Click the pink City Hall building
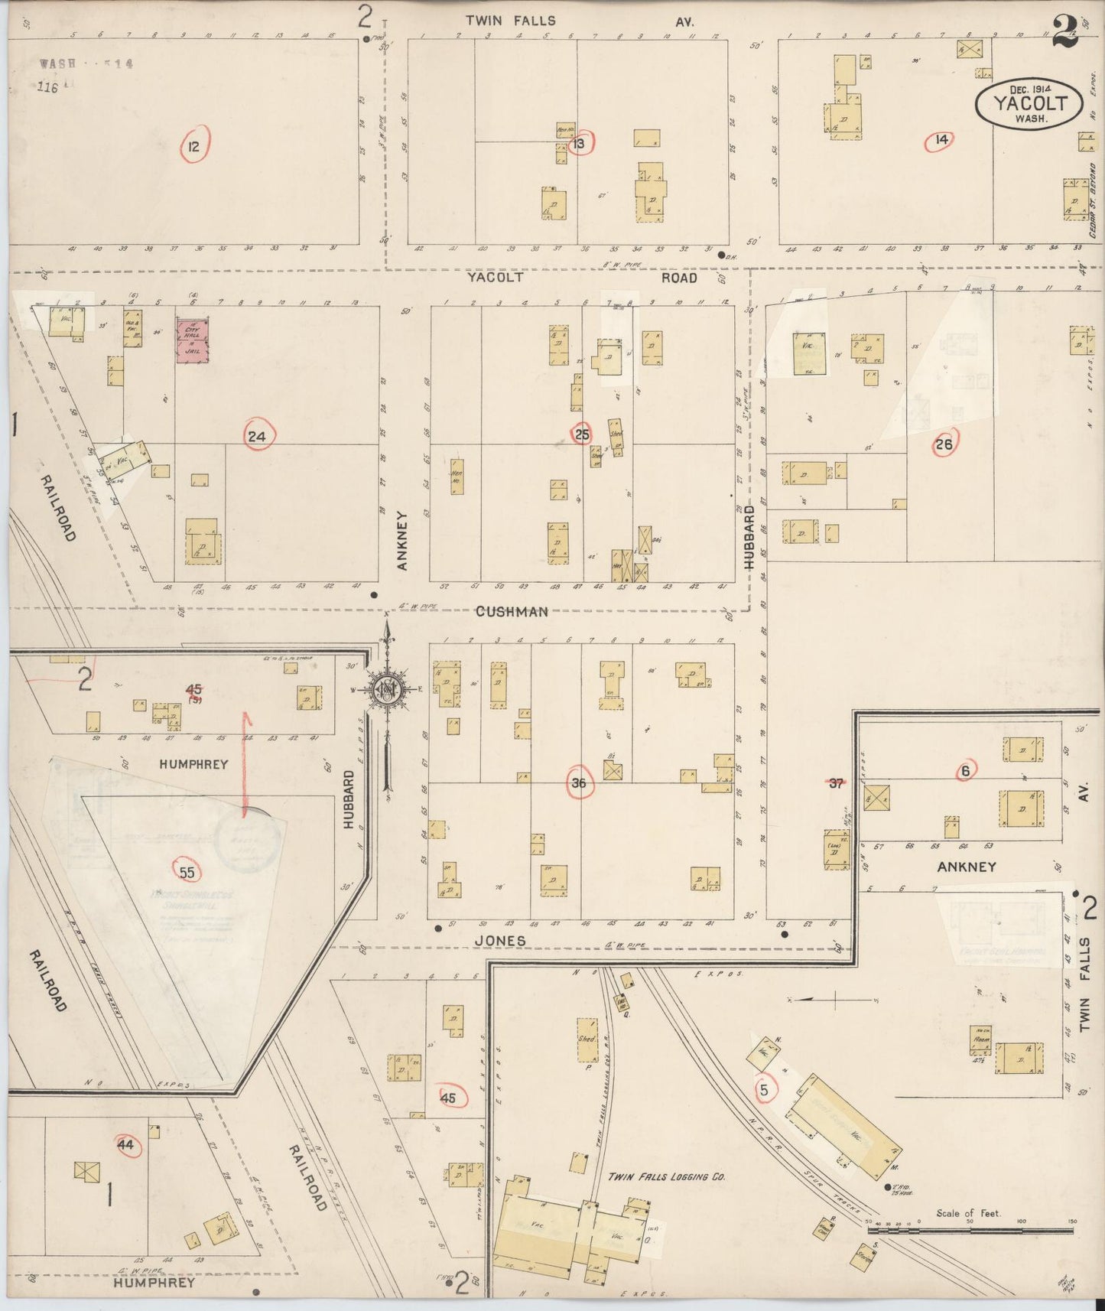(193, 340)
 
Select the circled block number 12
(193, 145)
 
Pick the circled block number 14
(941, 139)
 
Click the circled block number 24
(258, 437)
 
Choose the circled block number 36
(579, 782)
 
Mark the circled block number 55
(187, 872)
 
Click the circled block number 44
(127, 1145)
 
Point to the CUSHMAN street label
(512, 611)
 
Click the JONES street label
(499, 941)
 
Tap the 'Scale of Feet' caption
(969, 1214)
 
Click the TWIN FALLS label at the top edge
(511, 21)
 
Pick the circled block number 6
(965, 772)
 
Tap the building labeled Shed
(587, 1039)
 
